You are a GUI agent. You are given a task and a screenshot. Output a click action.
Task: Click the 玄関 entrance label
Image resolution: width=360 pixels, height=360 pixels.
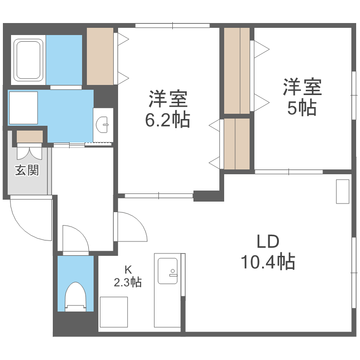[26, 170]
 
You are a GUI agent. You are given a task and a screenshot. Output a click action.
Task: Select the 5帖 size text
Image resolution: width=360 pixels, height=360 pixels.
[301, 108]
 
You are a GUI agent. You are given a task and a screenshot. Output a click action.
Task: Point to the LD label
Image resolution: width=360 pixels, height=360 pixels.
[267, 241]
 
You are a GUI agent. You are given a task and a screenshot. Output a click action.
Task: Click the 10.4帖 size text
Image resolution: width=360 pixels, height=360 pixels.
[267, 262]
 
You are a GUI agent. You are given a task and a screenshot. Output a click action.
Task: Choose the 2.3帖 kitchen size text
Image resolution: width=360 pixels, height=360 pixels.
[128, 282]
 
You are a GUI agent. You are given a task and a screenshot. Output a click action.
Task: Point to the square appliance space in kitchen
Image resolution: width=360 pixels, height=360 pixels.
[114, 312]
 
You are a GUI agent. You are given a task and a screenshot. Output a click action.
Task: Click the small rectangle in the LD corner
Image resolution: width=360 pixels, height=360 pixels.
[343, 192]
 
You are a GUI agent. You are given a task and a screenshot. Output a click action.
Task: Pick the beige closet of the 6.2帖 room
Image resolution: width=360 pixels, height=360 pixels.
[100, 56]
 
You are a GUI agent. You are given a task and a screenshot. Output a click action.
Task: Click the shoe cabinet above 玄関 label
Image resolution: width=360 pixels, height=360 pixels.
[30, 137]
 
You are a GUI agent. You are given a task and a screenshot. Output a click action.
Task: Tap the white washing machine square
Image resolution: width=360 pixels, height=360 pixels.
[23, 108]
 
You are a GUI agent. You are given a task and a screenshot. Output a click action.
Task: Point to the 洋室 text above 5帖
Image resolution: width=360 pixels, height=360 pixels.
[301, 87]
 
